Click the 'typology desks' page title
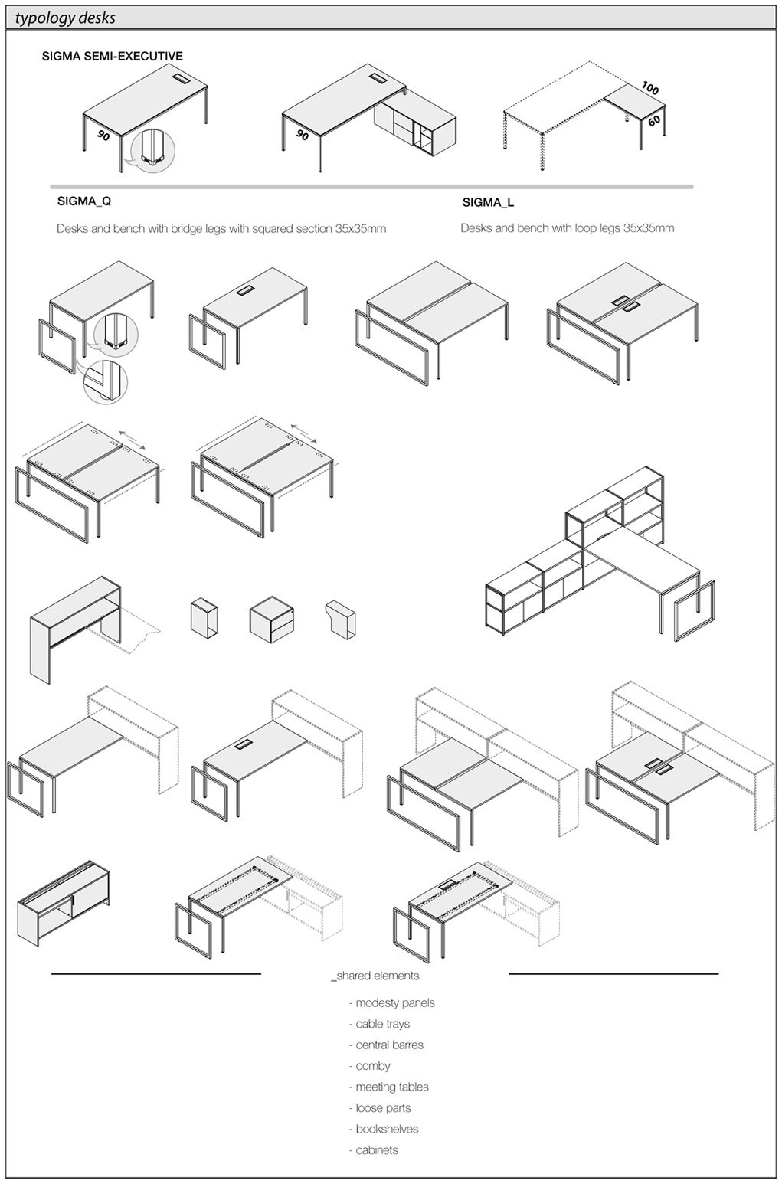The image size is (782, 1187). click(x=65, y=18)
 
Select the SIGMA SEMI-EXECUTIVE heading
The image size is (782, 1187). click(x=113, y=56)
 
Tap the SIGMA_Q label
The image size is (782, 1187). click(x=84, y=201)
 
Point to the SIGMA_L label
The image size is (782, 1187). click(x=488, y=202)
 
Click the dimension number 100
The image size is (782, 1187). click(x=650, y=88)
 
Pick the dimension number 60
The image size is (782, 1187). click(x=654, y=121)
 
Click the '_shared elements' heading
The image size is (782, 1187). click(x=375, y=976)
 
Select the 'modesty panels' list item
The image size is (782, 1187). click(x=392, y=1003)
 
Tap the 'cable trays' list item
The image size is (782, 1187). click(x=379, y=1025)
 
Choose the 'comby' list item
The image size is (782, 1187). click(x=370, y=1066)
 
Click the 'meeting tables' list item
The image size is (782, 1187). click(x=389, y=1087)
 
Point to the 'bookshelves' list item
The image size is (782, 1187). click(x=384, y=1130)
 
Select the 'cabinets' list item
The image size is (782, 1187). click(x=374, y=1150)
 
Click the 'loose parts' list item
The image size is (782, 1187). click(x=380, y=1108)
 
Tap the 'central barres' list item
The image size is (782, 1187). click(x=386, y=1045)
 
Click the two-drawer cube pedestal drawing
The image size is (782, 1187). click(x=272, y=620)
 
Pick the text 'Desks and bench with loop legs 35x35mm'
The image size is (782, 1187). click(x=568, y=228)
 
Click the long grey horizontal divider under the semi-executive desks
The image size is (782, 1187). click(x=372, y=187)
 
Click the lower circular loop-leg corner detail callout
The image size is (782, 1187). click(x=106, y=381)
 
